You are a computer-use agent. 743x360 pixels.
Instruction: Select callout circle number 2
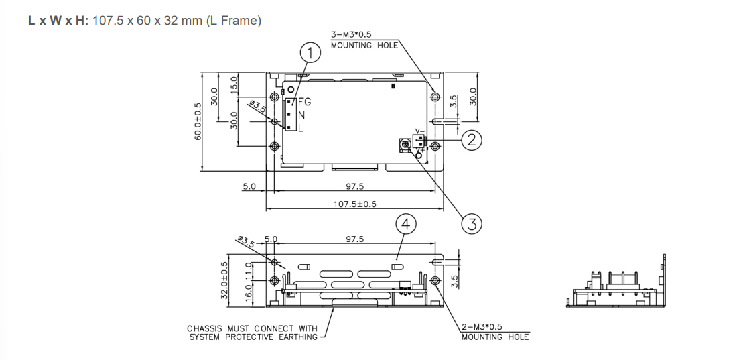[x=472, y=139]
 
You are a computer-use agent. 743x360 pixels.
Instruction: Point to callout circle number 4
[x=406, y=224]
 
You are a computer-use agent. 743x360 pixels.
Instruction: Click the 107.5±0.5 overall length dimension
[x=354, y=204]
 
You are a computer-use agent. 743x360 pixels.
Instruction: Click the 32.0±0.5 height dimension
[x=224, y=281]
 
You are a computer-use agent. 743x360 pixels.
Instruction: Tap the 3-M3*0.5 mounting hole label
[x=364, y=40]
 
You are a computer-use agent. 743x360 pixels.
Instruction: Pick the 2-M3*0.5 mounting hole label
[x=494, y=331]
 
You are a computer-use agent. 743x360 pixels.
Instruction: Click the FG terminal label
[x=304, y=103]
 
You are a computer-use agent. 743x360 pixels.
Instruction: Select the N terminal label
[x=301, y=115]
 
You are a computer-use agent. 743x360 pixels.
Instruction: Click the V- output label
[x=419, y=131]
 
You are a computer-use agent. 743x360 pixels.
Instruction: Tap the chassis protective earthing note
[x=253, y=333]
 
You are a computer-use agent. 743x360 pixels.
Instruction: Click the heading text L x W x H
[x=58, y=21]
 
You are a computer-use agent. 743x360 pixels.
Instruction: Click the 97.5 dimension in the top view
[x=354, y=186]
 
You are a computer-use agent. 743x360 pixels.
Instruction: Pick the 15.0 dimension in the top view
[x=234, y=85]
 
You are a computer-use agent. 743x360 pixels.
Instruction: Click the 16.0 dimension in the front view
[x=248, y=292]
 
